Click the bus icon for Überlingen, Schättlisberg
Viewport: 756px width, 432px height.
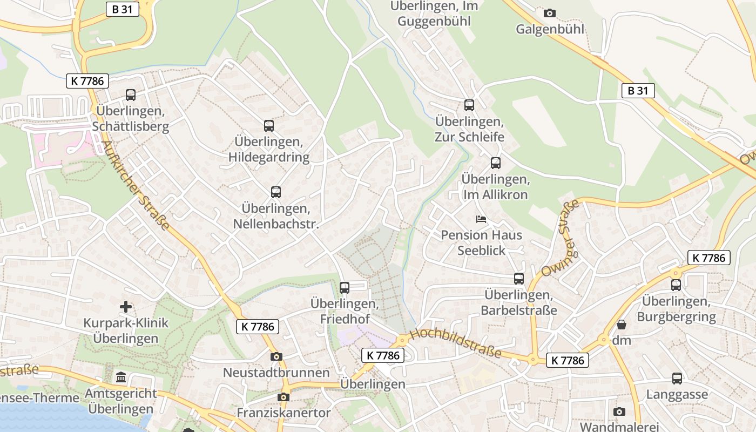(131, 95)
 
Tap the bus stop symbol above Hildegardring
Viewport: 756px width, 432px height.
(269, 126)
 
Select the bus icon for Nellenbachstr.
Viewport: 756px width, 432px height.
(276, 192)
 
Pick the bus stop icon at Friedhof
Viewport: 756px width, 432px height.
(345, 288)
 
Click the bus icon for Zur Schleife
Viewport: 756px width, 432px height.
(469, 105)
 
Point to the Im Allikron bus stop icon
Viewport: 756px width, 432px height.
(496, 163)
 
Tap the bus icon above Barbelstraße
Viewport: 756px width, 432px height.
(519, 279)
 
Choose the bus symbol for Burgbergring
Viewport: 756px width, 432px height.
(676, 285)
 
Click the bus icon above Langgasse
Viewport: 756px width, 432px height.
(677, 379)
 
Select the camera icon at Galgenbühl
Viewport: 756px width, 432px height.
(550, 13)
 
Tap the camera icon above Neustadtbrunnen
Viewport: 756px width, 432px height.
(276, 356)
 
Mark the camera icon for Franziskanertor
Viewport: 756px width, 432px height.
(283, 397)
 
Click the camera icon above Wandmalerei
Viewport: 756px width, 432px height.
(619, 411)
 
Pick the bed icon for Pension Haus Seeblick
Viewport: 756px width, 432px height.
(481, 219)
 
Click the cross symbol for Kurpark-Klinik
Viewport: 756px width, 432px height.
(126, 307)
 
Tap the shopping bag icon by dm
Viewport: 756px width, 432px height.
(622, 325)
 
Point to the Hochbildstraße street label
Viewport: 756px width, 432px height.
(456, 343)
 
